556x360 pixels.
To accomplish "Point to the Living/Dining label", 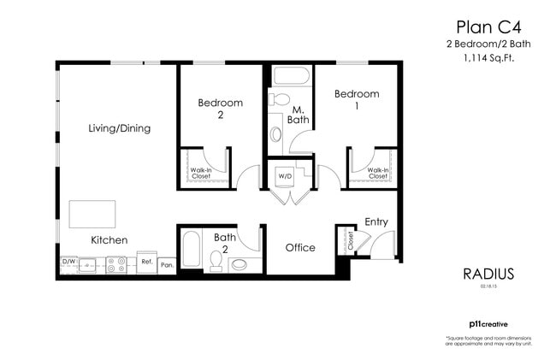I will pos(120,129).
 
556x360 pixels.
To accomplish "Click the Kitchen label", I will pos(109,240).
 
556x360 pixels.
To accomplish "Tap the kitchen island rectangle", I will pos(92,213).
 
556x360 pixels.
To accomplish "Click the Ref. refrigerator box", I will pos(146,263).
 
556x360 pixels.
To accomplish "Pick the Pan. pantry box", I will pos(167,265).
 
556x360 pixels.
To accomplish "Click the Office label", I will pos(299,248).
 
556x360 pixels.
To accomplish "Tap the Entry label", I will pos(376,221).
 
